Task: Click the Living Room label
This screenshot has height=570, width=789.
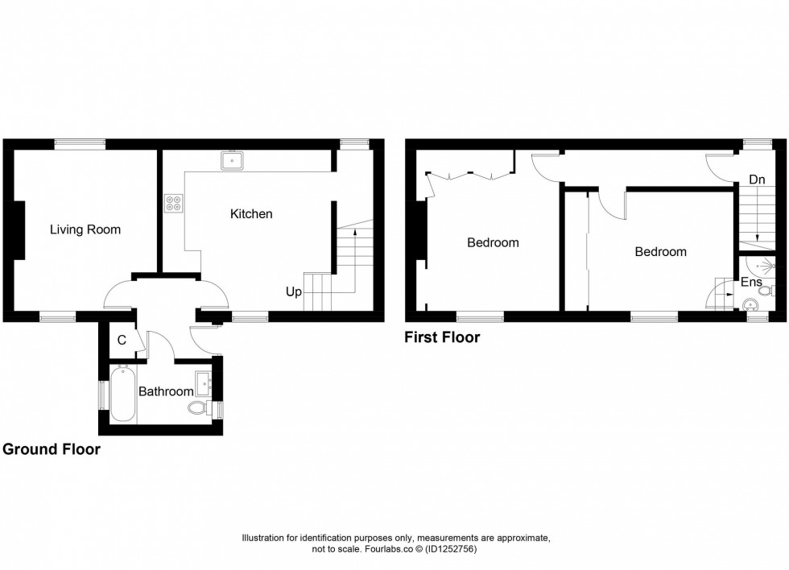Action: pyautogui.click(x=85, y=229)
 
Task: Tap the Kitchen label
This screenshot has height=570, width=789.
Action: pyautogui.click(x=251, y=213)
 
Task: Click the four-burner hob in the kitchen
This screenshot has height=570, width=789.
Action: pyautogui.click(x=173, y=204)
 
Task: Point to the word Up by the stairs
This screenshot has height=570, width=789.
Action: pyautogui.click(x=293, y=291)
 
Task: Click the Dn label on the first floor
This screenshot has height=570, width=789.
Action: pyautogui.click(x=756, y=180)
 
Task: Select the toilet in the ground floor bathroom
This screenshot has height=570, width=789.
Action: pyautogui.click(x=197, y=408)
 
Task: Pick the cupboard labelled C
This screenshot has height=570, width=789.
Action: pyautogui.click(x=122, y=341)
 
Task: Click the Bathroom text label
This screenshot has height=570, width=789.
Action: pyautogui.click(x=166, y=392)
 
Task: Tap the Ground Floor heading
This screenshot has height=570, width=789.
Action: pyautogui.click(x=52, y=449)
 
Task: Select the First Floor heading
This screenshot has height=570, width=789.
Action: pyautogui.click(x=442, y=337)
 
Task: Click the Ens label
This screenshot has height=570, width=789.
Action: pyautogui.click(x=751, y=283)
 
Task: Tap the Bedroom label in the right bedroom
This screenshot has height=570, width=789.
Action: pyautogui.click(x=660, y=251)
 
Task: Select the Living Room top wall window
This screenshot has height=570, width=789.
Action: pyautogui.click(x=80, y=144)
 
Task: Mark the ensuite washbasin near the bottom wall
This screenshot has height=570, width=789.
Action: pyautogui.click(x=750, y=304)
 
